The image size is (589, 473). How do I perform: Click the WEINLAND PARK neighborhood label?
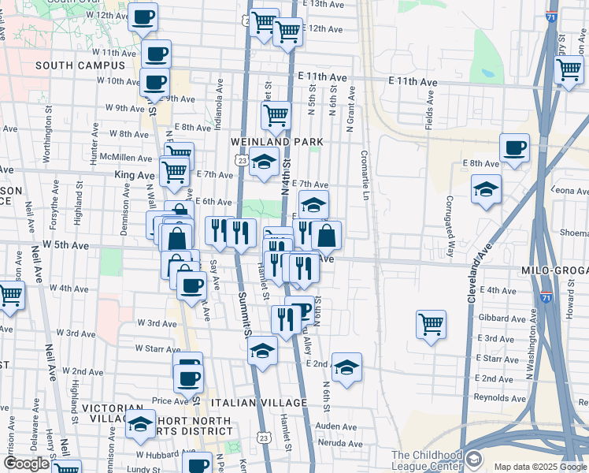(277, 141)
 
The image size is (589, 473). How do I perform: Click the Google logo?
(26, 464)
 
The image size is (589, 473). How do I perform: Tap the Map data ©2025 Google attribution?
(540, 467)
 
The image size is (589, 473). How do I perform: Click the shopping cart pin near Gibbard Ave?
(431, 323)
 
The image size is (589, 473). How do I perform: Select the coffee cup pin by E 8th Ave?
(514, 147)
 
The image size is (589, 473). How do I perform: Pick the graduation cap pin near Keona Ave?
(486, 189)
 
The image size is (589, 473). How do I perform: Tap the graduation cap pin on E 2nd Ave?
(346, 367)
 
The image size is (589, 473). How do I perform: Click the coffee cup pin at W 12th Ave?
(143, 17)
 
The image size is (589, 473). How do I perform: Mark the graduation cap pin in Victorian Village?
(140, 426)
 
